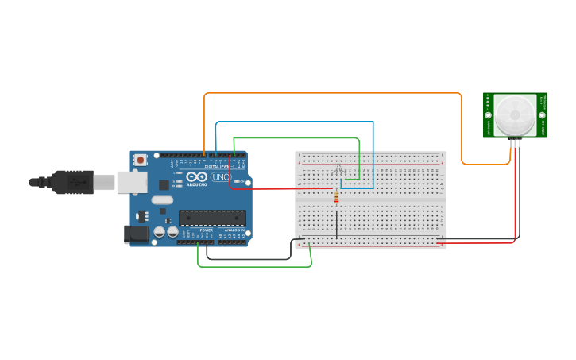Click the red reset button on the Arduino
[x=141, y=160]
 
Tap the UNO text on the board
[x=220, y=177]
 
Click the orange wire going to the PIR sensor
[x=334, y=93]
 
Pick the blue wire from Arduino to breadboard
[x=294, y=122]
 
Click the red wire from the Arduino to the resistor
[x=278, y=189]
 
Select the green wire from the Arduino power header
[x=254, y=266]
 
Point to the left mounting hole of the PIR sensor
[x=489, y=114]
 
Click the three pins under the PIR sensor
[x=515, y=143]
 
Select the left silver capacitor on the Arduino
[x=160, y=232]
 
